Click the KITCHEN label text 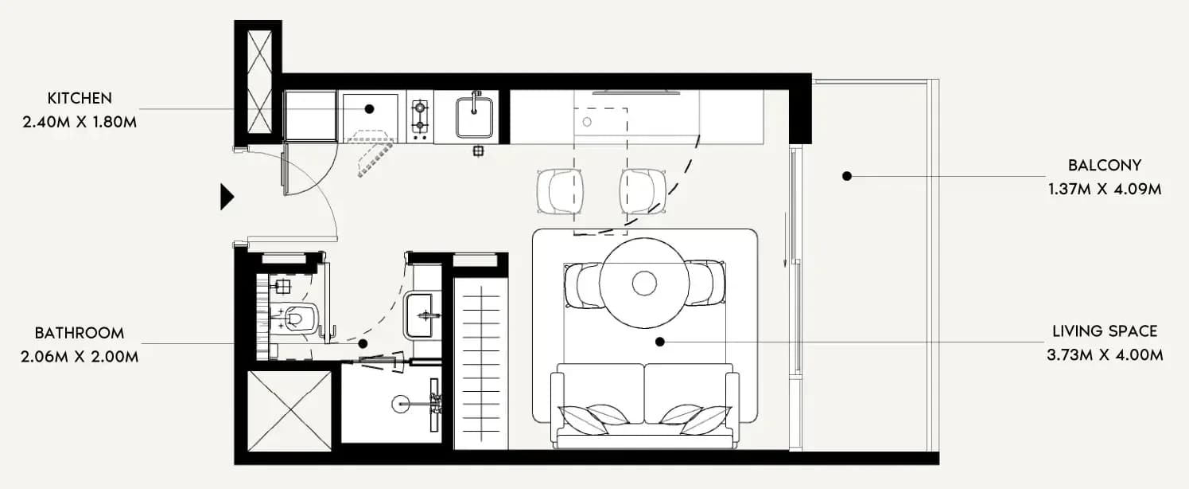coord(80,98)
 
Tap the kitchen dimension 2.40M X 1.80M coord(80,123)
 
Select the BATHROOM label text coord(80,333)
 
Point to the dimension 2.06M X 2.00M coord(80,357)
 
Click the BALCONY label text coord(1105,166)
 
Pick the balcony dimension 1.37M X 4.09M coord(1105,190)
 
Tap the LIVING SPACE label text coord(1105,331)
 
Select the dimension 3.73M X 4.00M coord(1105,355)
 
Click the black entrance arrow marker coord(227,198)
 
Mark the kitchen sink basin coord(474,117)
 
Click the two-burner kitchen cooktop coord(420,116)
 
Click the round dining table coord(644,283)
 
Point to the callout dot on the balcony coord(847,176)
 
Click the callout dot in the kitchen coord(370,109)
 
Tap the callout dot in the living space coord(660,342)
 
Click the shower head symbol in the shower coord(400,405)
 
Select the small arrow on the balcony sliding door coord(786,239)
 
